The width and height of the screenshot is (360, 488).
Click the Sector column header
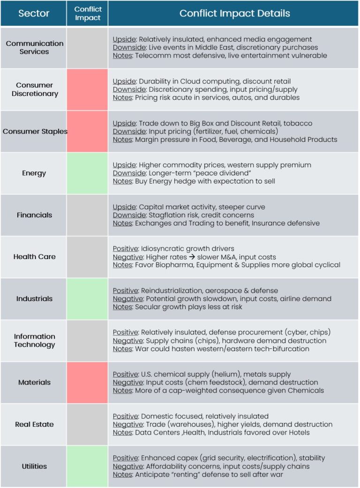[x=34, y=14]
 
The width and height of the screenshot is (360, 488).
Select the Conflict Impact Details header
[x=234, y=14]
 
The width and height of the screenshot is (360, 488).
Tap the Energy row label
[x=34, y=173]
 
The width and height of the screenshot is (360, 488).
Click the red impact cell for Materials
[x=87, y=383]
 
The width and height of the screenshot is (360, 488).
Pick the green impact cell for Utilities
[x=87, y=466]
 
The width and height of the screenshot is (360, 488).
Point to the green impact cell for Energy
[x=87, y=173]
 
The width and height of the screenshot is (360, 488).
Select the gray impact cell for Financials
[x=87, y=215]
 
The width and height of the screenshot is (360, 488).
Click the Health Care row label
[x=34, y=257]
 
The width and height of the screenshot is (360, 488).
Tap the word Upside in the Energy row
[x=124, y=165]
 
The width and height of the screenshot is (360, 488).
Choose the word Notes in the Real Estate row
[x=123, y=432]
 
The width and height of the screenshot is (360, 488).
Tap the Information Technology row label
[x=34, y=340]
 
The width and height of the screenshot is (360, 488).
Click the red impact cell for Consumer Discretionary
[x=87, y=89]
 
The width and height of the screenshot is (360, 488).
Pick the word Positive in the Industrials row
[x=125, y=290]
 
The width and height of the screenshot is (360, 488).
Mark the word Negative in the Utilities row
[x=128, y=466]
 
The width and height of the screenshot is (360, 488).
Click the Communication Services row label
[x=34, y=47]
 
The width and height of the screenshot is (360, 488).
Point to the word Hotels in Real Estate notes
[x=298, y=432]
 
